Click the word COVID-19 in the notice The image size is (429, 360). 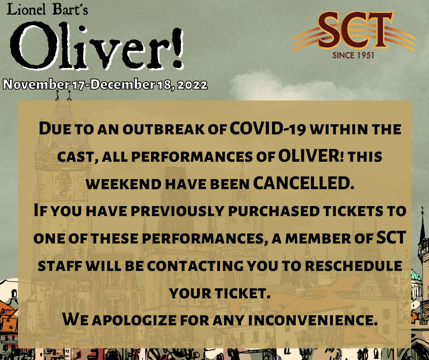[267, 128]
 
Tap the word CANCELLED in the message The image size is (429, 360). [303, 183]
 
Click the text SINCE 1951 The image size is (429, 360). [353, 55]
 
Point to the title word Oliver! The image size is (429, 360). [97, 46]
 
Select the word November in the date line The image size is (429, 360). [36, 85]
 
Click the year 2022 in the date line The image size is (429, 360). [192, 85]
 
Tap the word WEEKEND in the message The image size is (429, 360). [123, 184]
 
